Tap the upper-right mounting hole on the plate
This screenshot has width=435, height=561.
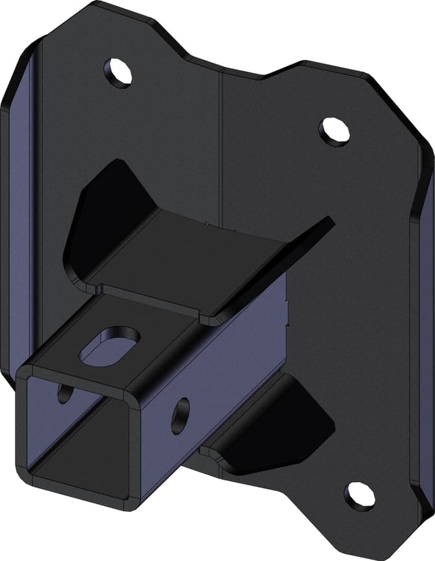[335, 130]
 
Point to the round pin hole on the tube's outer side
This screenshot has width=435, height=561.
[180, 415]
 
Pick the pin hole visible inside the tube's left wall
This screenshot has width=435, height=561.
[65, 393]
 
